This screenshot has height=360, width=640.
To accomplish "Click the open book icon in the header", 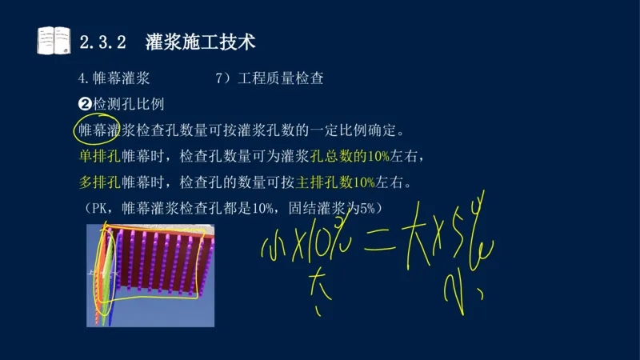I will click(54, 40).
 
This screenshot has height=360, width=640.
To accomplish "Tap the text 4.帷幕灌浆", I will click(114, 80).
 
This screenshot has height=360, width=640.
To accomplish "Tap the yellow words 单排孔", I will click(95, 155).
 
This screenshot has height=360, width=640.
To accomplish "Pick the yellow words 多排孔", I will click(95, 182).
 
